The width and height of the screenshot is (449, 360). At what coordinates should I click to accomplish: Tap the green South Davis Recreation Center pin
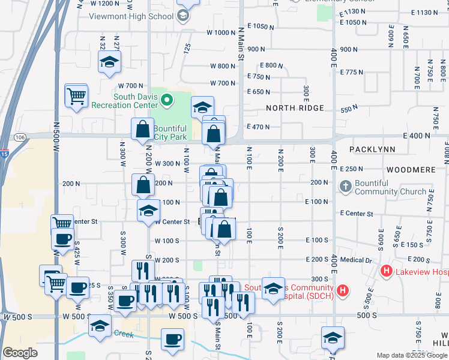click(x=167, y=100)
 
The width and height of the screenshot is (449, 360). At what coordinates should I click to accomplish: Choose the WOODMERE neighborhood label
click(x=411, y=170)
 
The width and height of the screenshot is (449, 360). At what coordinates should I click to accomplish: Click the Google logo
click(x=20, y=353)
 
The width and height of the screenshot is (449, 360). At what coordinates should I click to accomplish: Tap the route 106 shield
click(x=20, y=137)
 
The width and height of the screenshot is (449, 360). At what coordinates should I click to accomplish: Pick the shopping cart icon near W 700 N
click(x=76, y=95)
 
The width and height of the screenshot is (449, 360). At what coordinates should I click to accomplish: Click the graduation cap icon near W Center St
click(x=148, y=211)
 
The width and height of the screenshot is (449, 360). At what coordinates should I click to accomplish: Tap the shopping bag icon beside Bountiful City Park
click(x=143, y=128)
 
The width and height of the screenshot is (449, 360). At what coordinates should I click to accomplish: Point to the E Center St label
click(x=357, y=214)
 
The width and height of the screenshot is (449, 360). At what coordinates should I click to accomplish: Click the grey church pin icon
click(x=345, y=187)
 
